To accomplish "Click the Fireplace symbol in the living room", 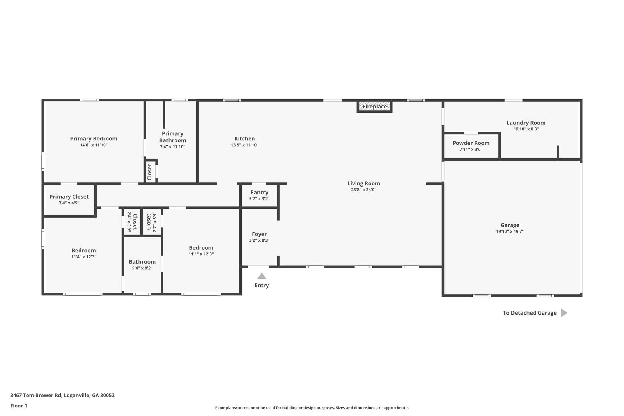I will [x=374, y=107].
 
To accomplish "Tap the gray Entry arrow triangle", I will [x=262, y=276].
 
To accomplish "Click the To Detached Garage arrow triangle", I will [x=564, y=313].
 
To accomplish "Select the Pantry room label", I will [x=259, y=193].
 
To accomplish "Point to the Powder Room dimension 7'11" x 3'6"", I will [x=471, y=149].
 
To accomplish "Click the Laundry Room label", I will [x=526, y=123].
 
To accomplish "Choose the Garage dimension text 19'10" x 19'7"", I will [x=510, y=231].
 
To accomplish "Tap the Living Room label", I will [x=363, y=183].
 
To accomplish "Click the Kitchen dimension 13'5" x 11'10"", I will [x=244, y=145].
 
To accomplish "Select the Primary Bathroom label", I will [x=172, y=137].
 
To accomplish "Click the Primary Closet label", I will [x=69, y=197].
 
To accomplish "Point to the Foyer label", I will [x=259, y=234].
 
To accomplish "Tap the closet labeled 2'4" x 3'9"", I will [x=132, y=222].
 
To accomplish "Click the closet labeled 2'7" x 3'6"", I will [x=151, y=222].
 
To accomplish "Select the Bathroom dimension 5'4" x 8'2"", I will [x=142, y=268].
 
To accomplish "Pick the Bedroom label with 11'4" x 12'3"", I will [x=84, y=251].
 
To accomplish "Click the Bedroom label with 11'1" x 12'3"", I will [x=201, y=248].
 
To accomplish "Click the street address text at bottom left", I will [x=62, y=396].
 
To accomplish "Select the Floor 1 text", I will [x=19, y=406].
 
